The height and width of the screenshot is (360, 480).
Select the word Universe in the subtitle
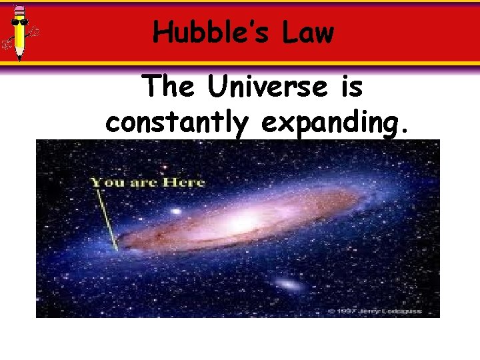[274, 87]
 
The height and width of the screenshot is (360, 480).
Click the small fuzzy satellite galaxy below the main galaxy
[287, 285]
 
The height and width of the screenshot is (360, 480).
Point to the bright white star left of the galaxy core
[176, 212]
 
